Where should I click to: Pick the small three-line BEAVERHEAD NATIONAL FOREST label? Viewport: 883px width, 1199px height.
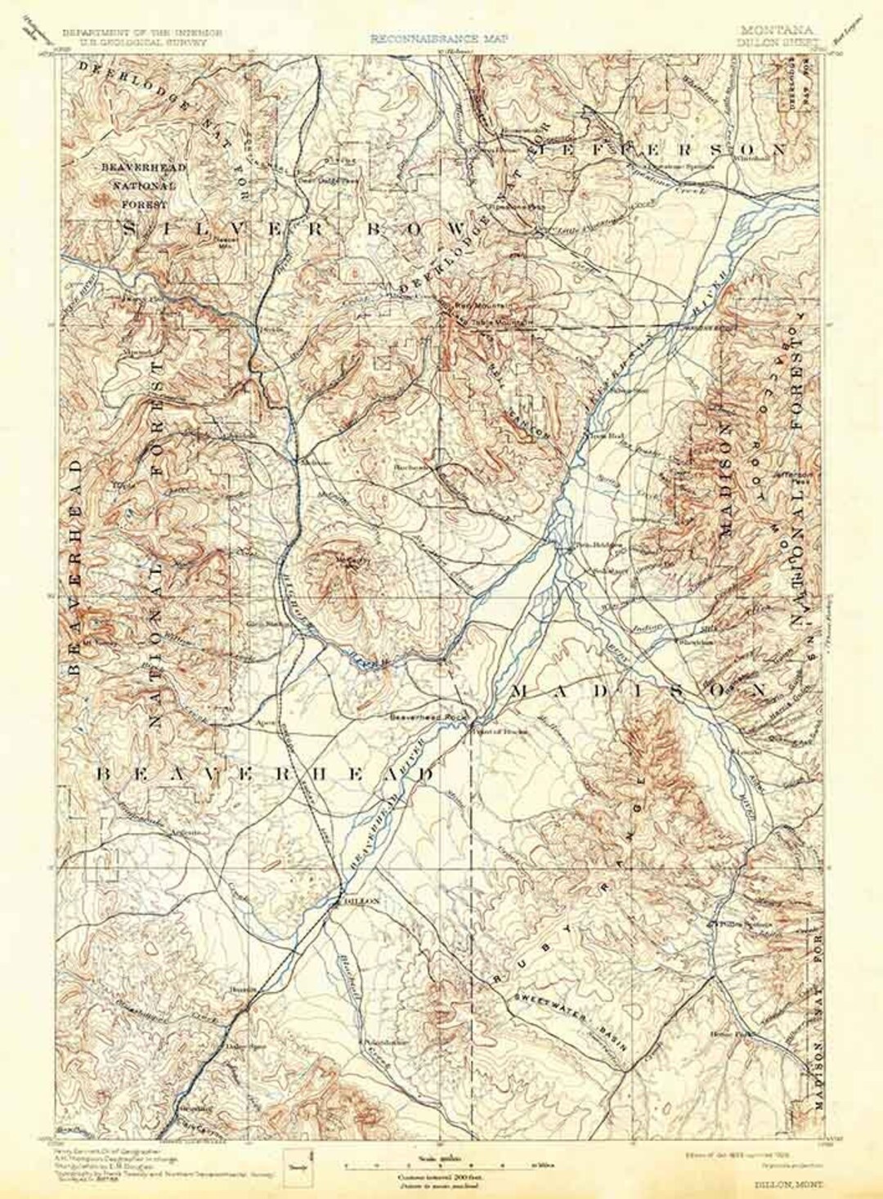(143, 186)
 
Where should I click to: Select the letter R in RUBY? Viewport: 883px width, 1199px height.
(495, 978)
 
